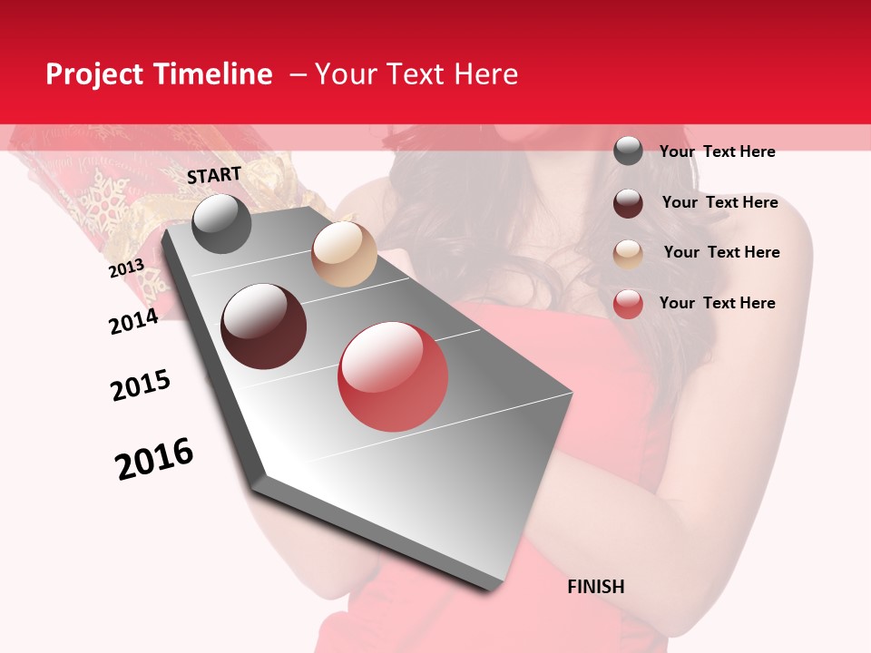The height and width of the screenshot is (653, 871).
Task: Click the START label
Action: [x=214, y=175]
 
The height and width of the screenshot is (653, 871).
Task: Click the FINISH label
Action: [x=595, y=587]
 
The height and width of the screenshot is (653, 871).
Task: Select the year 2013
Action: [x=126, y=268]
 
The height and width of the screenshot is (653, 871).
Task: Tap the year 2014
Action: [x=133, y=321]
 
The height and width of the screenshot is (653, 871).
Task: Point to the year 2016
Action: [x=154, y=459]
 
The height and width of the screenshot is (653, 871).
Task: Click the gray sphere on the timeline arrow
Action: [x=221, y=223]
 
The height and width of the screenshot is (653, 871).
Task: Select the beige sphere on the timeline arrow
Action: [x=344, y=254]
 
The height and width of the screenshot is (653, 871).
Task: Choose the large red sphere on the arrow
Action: [x=393, y=376]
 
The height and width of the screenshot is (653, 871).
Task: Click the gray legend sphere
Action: [x=628, y=151]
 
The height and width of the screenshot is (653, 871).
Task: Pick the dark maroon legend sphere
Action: [x=628, y=203]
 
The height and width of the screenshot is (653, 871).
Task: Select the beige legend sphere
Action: [x=628, y=254]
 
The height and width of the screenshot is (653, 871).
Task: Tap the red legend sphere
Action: [x=628, y=304]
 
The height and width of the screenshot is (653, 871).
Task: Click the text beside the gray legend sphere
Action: [x=717, y=151]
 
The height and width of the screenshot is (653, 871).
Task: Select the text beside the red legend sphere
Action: [x=717, y=303]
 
